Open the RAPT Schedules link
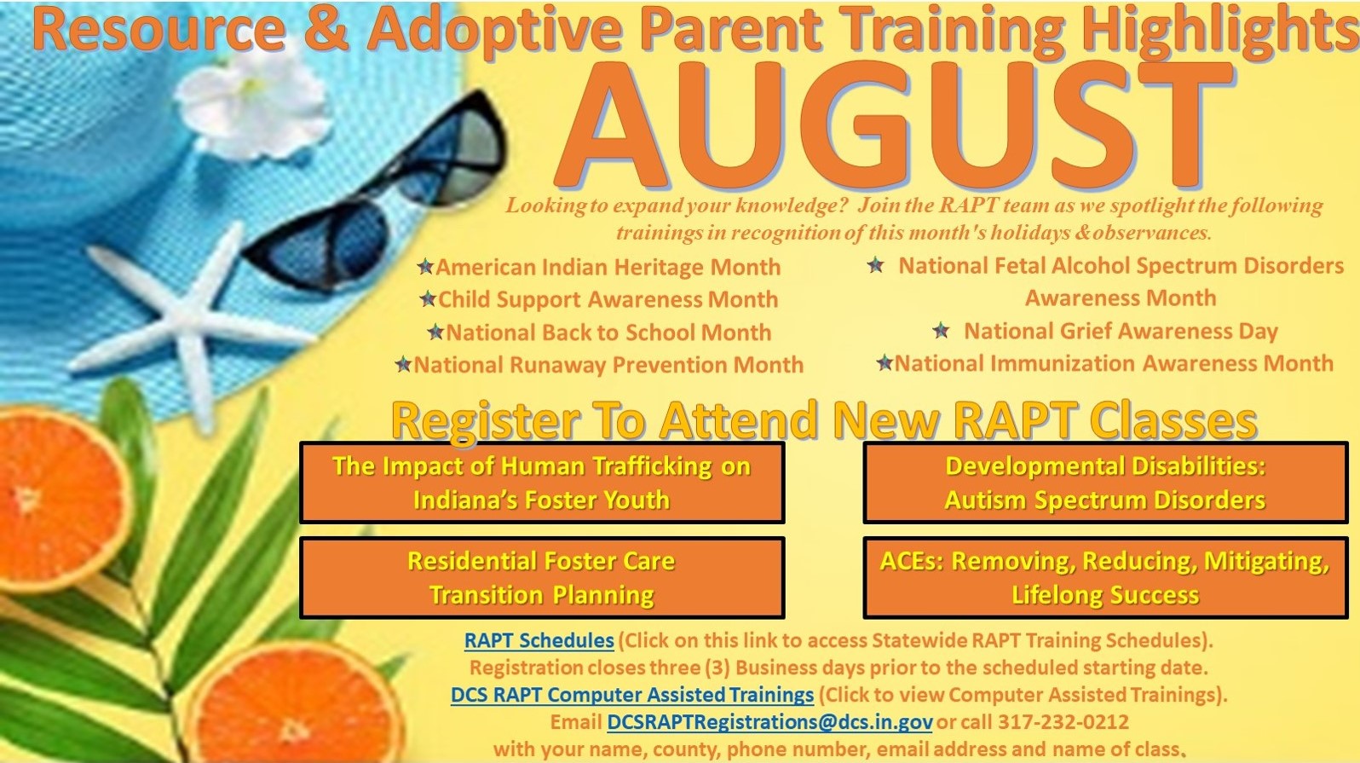coord(539,640)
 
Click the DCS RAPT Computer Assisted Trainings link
coord(632,694)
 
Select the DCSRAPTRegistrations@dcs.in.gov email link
coord(769,722)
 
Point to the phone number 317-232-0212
coord(1063,722)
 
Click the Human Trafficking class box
coord(542,483)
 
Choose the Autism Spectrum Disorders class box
coord(1105,483)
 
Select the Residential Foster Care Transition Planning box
coord(542,577)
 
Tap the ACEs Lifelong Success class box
coord(1105,577)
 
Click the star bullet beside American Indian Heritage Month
coord(425,266)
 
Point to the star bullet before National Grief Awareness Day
coord(941,331)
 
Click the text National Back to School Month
coord(608,332)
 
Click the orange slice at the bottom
coord(297,705)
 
